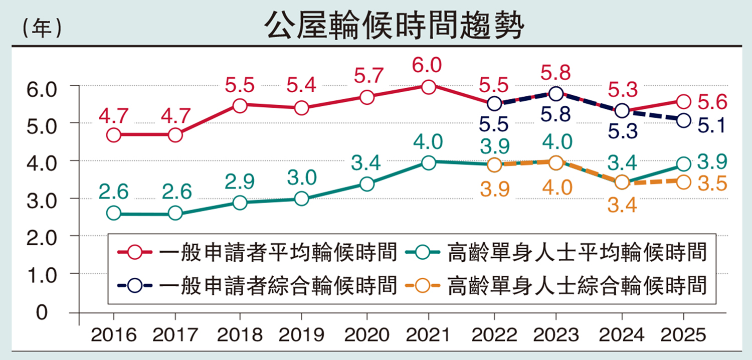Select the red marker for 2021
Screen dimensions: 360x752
(428, 87)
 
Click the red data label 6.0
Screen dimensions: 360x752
(428, 65)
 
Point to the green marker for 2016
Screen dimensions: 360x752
(114, 213)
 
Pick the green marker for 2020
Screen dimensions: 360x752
(367, 185)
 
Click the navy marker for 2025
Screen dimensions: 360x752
(683, 120)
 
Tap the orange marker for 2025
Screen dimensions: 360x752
(683, 182)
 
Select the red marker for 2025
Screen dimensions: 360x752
(683, 102)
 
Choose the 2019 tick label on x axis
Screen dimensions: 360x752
(301, 334)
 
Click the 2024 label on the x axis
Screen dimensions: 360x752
(622, 334)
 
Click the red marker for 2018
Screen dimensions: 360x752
(240, 105)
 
